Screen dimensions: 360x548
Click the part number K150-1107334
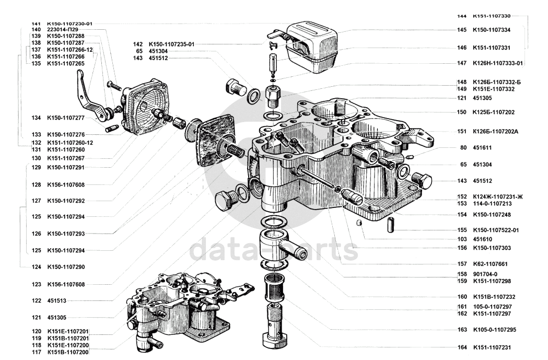492,30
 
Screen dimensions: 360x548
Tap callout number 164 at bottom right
462,347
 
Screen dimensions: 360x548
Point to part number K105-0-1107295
494,330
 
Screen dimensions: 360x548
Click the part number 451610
482,239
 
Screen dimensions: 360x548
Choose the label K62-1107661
489,264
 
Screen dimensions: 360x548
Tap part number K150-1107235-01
171,44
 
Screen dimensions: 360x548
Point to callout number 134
36,118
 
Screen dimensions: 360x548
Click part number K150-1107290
66,267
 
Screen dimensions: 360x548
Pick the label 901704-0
485,274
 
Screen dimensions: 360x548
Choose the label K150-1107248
492,215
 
